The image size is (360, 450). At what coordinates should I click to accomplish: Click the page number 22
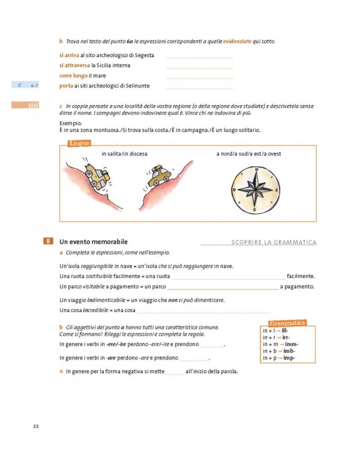coord(36,426)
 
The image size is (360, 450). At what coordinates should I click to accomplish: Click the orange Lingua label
coord(80,143)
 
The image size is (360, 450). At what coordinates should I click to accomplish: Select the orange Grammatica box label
coord(287,323)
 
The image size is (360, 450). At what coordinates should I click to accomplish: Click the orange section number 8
coord(48,242)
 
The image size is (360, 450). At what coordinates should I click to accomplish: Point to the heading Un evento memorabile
coord(93,242)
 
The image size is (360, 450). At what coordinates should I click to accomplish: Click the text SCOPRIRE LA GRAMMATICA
coord(274,242)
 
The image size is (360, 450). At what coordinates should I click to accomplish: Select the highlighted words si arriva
coord(69,55)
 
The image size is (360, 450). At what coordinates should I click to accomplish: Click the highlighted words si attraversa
coord(74,65)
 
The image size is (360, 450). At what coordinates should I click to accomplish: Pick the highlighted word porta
coord(66,86)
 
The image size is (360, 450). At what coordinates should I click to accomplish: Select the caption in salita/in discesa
coord(124,154)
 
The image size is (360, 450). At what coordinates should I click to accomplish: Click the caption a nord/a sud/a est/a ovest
coord(248,154)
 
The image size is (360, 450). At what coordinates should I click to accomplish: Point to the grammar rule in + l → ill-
coord(275,331)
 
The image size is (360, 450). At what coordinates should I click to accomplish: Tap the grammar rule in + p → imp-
coord(279,358)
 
